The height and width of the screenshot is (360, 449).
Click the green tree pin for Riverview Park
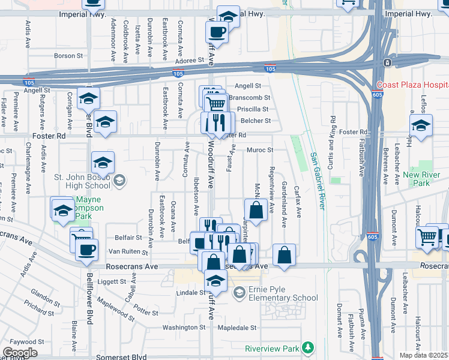(x=308, y=347)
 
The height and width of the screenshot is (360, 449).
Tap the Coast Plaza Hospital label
(x=412, y=85)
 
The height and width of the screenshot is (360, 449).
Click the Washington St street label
(x=184, y=328)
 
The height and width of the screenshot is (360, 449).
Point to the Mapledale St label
(x=237, y=328)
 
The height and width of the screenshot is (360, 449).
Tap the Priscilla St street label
(x=253, y=109)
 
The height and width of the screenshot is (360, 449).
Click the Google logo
(x=20, y=353)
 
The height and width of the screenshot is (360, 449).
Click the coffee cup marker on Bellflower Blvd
(x=86, y=249)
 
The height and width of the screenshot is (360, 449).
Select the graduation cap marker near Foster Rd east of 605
(x=421, y=127)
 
